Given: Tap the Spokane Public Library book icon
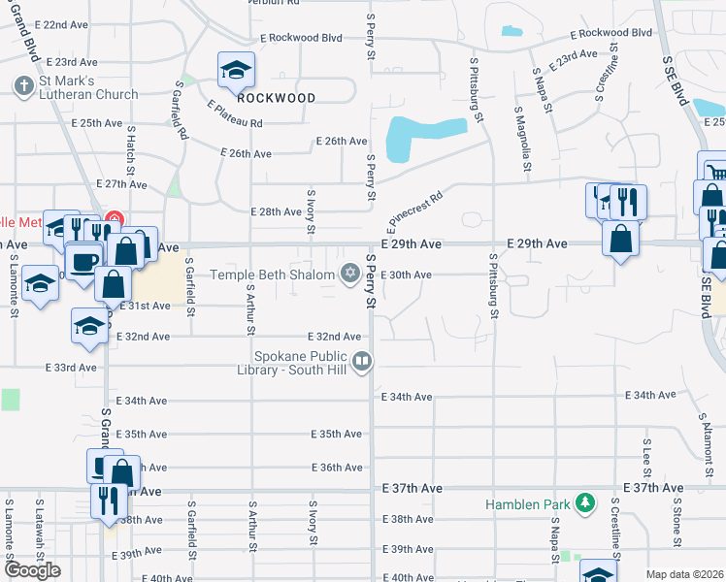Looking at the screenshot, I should pos(363,363).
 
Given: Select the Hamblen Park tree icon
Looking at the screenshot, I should pos(584,503).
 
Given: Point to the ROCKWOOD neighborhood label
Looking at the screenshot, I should pos(277,98).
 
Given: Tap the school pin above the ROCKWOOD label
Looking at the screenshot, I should pos(235,69).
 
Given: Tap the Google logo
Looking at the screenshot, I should pos(33,569).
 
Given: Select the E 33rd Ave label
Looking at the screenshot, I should pos(72,368).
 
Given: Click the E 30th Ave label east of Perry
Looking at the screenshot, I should pos(406,275).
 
